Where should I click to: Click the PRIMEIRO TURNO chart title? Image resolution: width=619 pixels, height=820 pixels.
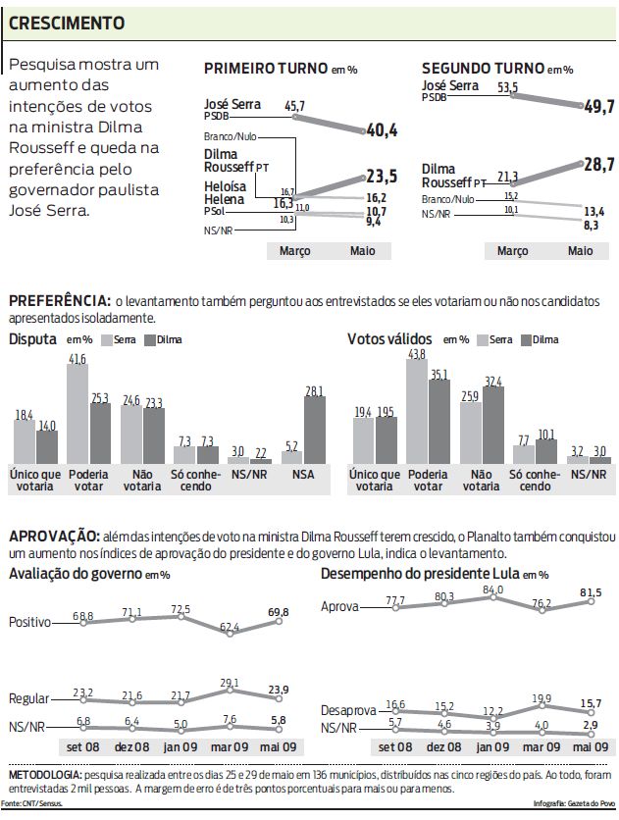265,69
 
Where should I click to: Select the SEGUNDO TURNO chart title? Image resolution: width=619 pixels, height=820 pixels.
483,69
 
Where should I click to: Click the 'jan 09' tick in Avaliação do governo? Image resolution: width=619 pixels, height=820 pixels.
179,746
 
